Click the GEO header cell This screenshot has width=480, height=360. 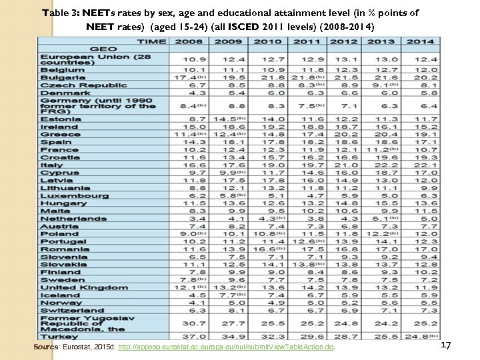coord(103,49)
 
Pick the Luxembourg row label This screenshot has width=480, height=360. coord(73,195)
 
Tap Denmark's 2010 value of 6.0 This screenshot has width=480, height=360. coord(264,93)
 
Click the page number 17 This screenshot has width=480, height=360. coord(446,345)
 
